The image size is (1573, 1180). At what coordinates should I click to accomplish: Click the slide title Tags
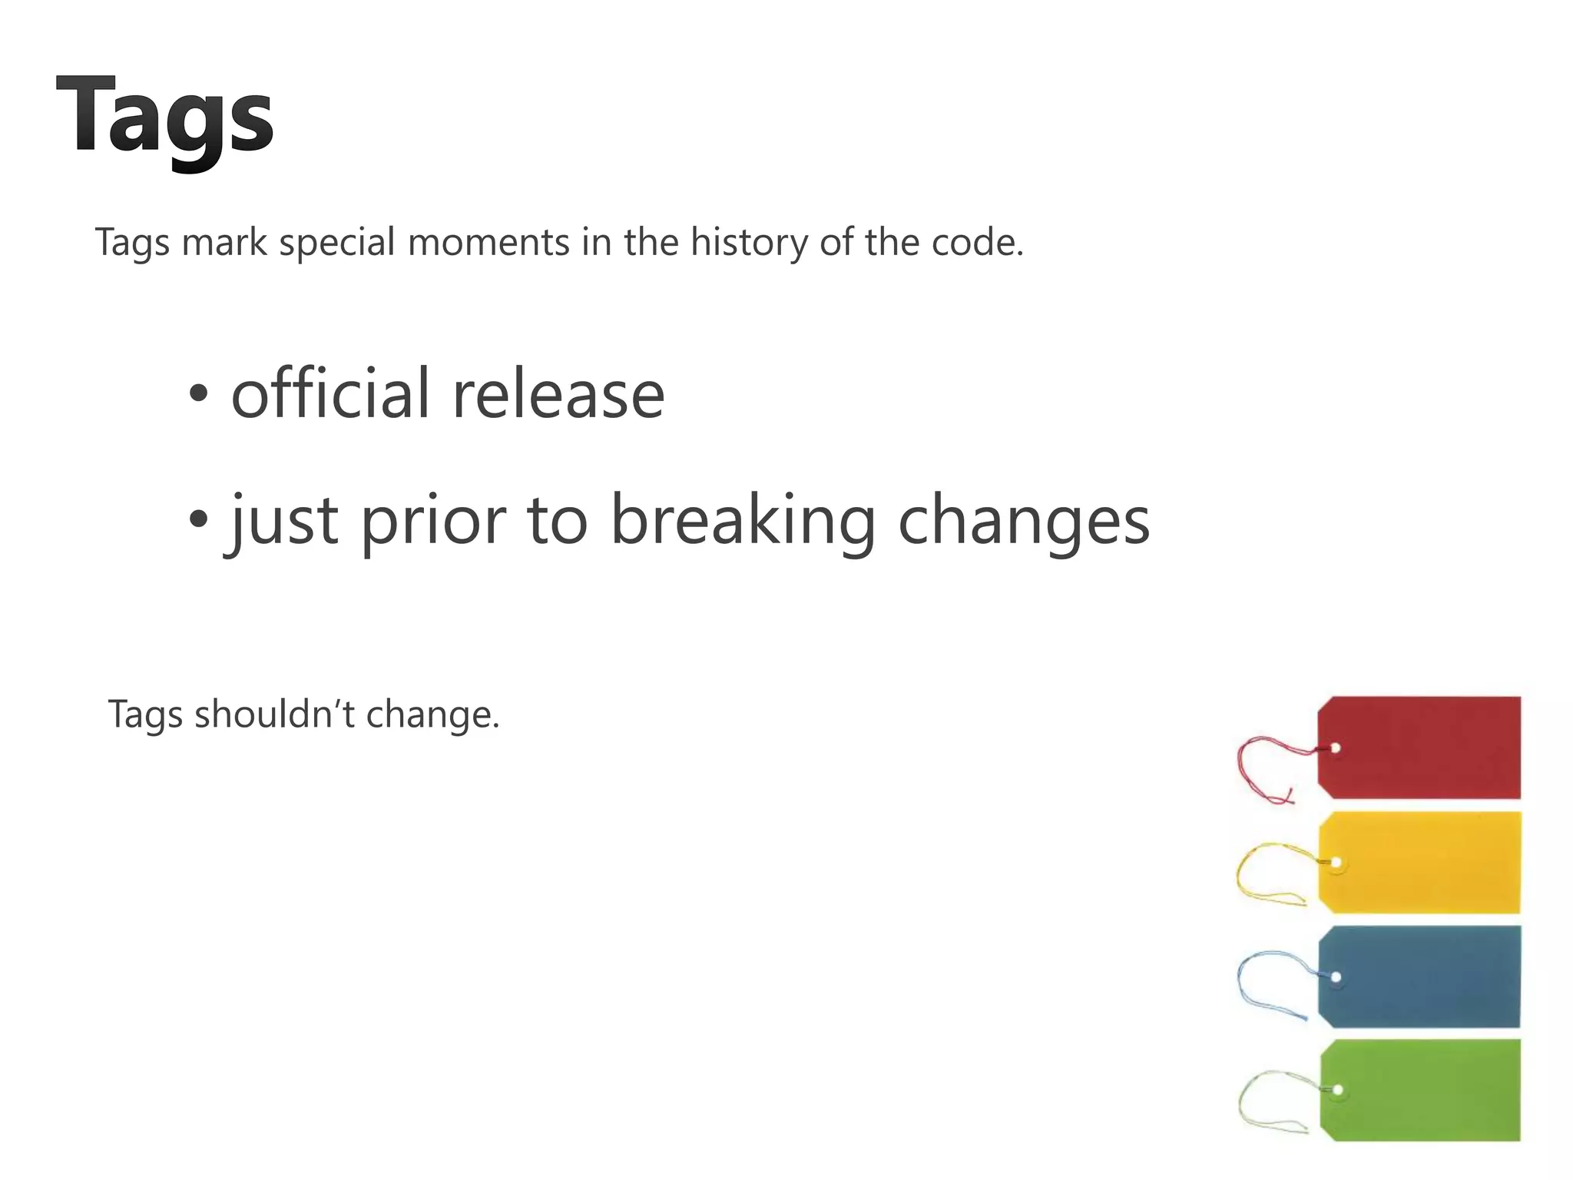click(164, 117)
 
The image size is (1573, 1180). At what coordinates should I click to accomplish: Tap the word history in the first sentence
click(749, 243)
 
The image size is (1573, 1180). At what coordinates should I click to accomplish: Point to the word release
click(558, 395)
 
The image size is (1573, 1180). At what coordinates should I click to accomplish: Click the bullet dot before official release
click(198, 395)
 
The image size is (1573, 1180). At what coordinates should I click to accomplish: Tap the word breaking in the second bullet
click(742, 522)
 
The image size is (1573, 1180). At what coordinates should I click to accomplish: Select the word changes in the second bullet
click(1024, 522)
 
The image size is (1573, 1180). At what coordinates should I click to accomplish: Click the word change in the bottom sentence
click(431, 715)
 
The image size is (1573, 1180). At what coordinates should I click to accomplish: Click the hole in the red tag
click(1336, 748)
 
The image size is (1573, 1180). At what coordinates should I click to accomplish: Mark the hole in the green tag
click(1338, 1090)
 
